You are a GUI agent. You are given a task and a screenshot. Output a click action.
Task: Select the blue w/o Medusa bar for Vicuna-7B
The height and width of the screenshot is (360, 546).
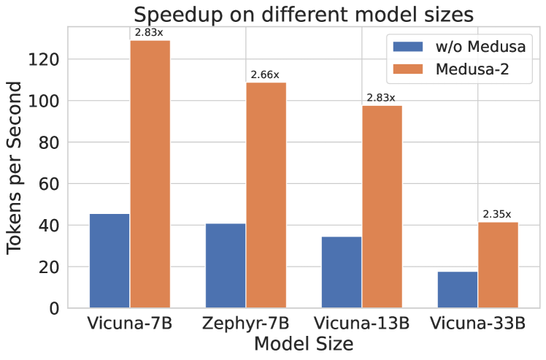(x=109, y=261)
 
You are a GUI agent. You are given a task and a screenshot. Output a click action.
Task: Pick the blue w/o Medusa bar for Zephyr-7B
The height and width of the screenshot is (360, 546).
(x=226, y=265)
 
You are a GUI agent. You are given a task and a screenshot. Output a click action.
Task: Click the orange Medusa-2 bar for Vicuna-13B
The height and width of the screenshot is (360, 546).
(x=382, y=207)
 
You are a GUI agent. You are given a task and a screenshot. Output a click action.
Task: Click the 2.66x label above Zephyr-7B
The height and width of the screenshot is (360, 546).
(x=266, y=74)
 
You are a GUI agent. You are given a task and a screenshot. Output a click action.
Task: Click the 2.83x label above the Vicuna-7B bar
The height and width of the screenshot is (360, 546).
(x=150, y=33)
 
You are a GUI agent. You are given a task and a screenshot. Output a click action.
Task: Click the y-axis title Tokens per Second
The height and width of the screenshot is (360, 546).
(x=16, y=175)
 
